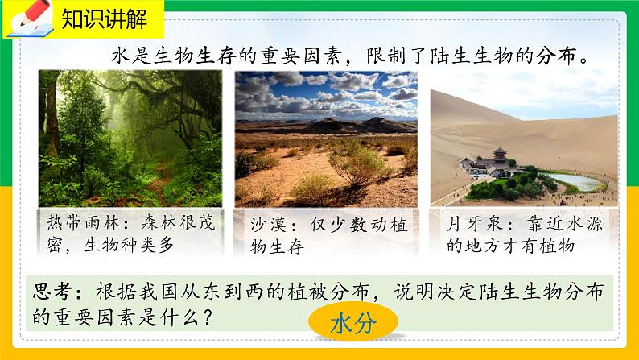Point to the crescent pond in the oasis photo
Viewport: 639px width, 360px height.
pos(575,181)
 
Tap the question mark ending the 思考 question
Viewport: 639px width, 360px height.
pos(206,317)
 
